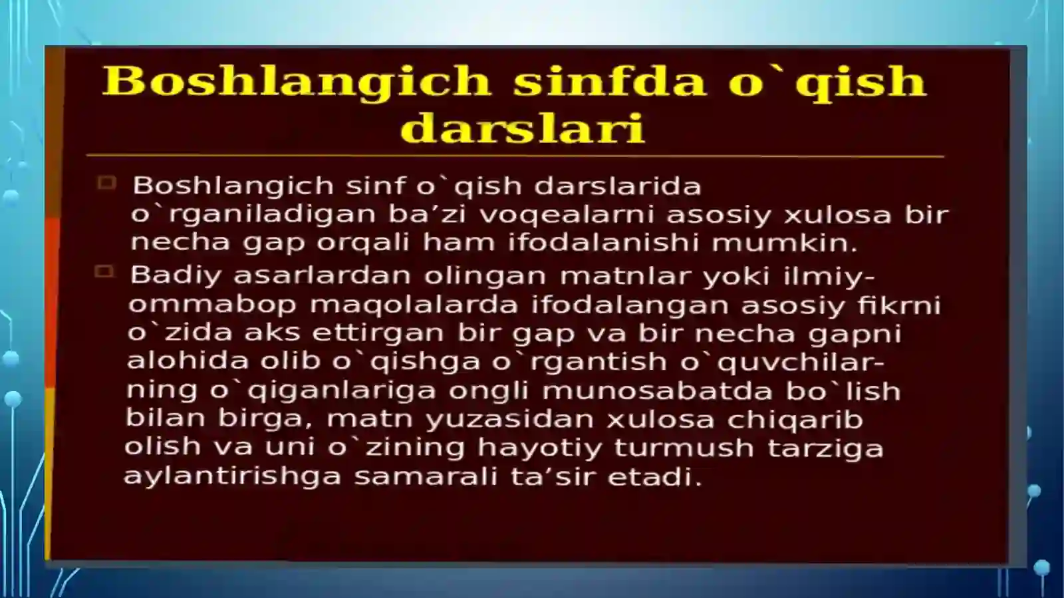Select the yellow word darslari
coord(523,128)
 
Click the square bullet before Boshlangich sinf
coord(106,183)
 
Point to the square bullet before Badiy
coord(104,271)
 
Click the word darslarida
coord(618,186)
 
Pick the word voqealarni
coord(566,215)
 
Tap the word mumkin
coord(784,243)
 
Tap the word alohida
coord(188,361)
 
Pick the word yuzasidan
coord(509,420)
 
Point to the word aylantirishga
coord(232,477)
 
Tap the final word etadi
coord(654,477)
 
